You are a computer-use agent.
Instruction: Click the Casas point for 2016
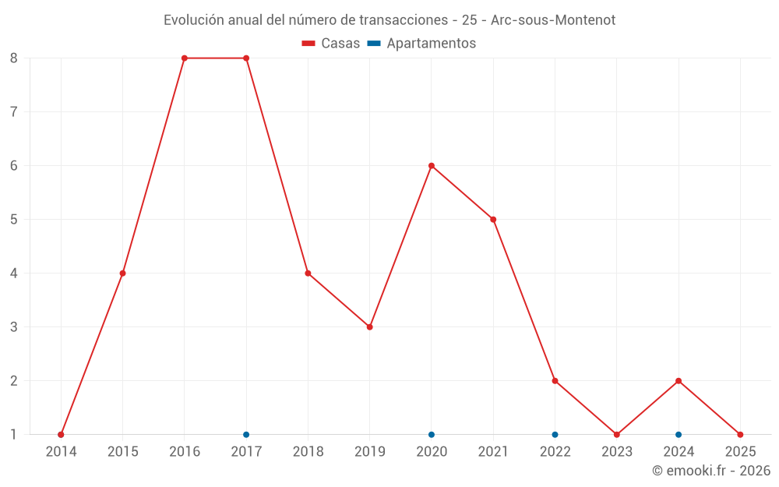185,58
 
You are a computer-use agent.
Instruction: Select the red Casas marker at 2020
432,166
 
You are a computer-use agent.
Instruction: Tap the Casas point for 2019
370,327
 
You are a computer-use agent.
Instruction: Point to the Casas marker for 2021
493,220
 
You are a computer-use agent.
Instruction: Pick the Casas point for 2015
123,273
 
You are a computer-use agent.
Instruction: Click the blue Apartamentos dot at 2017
246,435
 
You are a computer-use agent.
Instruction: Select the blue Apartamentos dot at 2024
679,435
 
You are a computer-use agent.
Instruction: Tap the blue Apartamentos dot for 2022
555,435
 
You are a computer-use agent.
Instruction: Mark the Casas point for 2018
308,273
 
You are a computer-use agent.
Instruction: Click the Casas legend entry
331,44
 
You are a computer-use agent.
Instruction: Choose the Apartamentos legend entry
421,44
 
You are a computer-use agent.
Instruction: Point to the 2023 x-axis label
616,452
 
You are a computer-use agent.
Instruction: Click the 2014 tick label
61,452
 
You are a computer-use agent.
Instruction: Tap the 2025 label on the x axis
740,452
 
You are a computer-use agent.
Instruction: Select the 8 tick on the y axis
14,58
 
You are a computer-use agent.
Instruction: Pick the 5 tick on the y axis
14,220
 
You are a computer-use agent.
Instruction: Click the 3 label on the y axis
14,327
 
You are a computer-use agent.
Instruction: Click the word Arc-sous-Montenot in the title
553,20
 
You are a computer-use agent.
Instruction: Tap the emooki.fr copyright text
711,471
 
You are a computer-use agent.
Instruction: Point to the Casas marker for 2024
679,381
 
